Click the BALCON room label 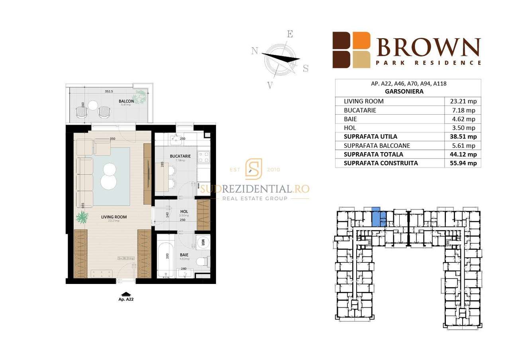point(126,101)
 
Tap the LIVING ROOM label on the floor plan point(114,217)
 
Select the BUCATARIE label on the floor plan point(180,157)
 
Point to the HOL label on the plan point(184,211)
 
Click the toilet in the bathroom point(202,260)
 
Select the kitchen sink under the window point(176,139)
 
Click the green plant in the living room point(82,217)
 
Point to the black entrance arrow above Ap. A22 point(126,294)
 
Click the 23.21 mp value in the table point(462,102)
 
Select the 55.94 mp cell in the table point(462,163)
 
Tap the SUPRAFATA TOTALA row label point(373,154)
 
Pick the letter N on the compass point(254,51)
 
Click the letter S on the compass point(306,68)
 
